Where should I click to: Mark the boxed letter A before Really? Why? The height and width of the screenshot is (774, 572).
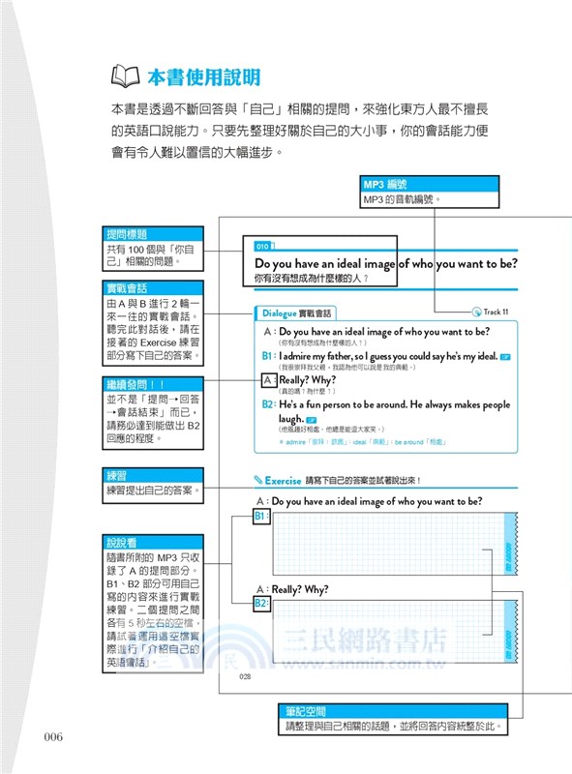268,380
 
